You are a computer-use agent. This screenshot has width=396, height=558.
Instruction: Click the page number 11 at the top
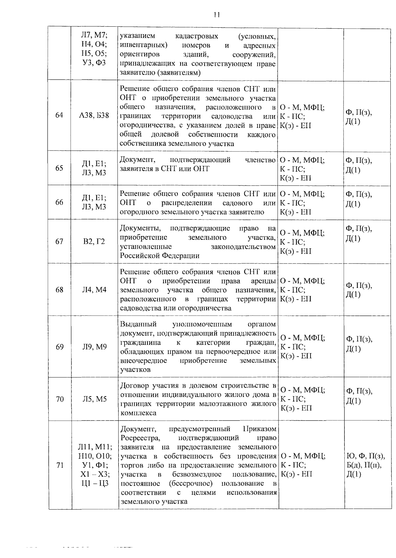[216, 14]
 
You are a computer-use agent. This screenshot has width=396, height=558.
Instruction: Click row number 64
[59, 115]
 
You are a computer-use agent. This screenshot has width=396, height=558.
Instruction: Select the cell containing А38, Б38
[94, 115]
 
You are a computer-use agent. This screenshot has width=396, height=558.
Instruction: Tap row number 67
[59, 241]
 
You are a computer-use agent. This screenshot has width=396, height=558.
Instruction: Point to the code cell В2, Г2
[94, 241]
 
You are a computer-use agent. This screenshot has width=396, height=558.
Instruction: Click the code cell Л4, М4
[94, 290]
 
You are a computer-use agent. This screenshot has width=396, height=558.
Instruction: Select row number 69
[59, 347]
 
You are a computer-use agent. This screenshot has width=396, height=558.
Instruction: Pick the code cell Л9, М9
[94, 347]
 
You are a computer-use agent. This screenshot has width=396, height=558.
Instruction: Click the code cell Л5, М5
[94, 399]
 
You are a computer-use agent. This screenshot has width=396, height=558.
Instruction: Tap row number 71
[60, 465]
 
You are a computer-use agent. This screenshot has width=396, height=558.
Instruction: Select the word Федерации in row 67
[181, 256]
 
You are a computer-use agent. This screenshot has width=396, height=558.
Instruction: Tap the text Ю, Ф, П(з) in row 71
[365, 456]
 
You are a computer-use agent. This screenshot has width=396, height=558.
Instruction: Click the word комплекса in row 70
[139, 413]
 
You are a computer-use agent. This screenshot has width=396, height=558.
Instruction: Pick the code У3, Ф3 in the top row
[94, 63]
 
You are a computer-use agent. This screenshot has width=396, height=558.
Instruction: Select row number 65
[59, 168]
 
